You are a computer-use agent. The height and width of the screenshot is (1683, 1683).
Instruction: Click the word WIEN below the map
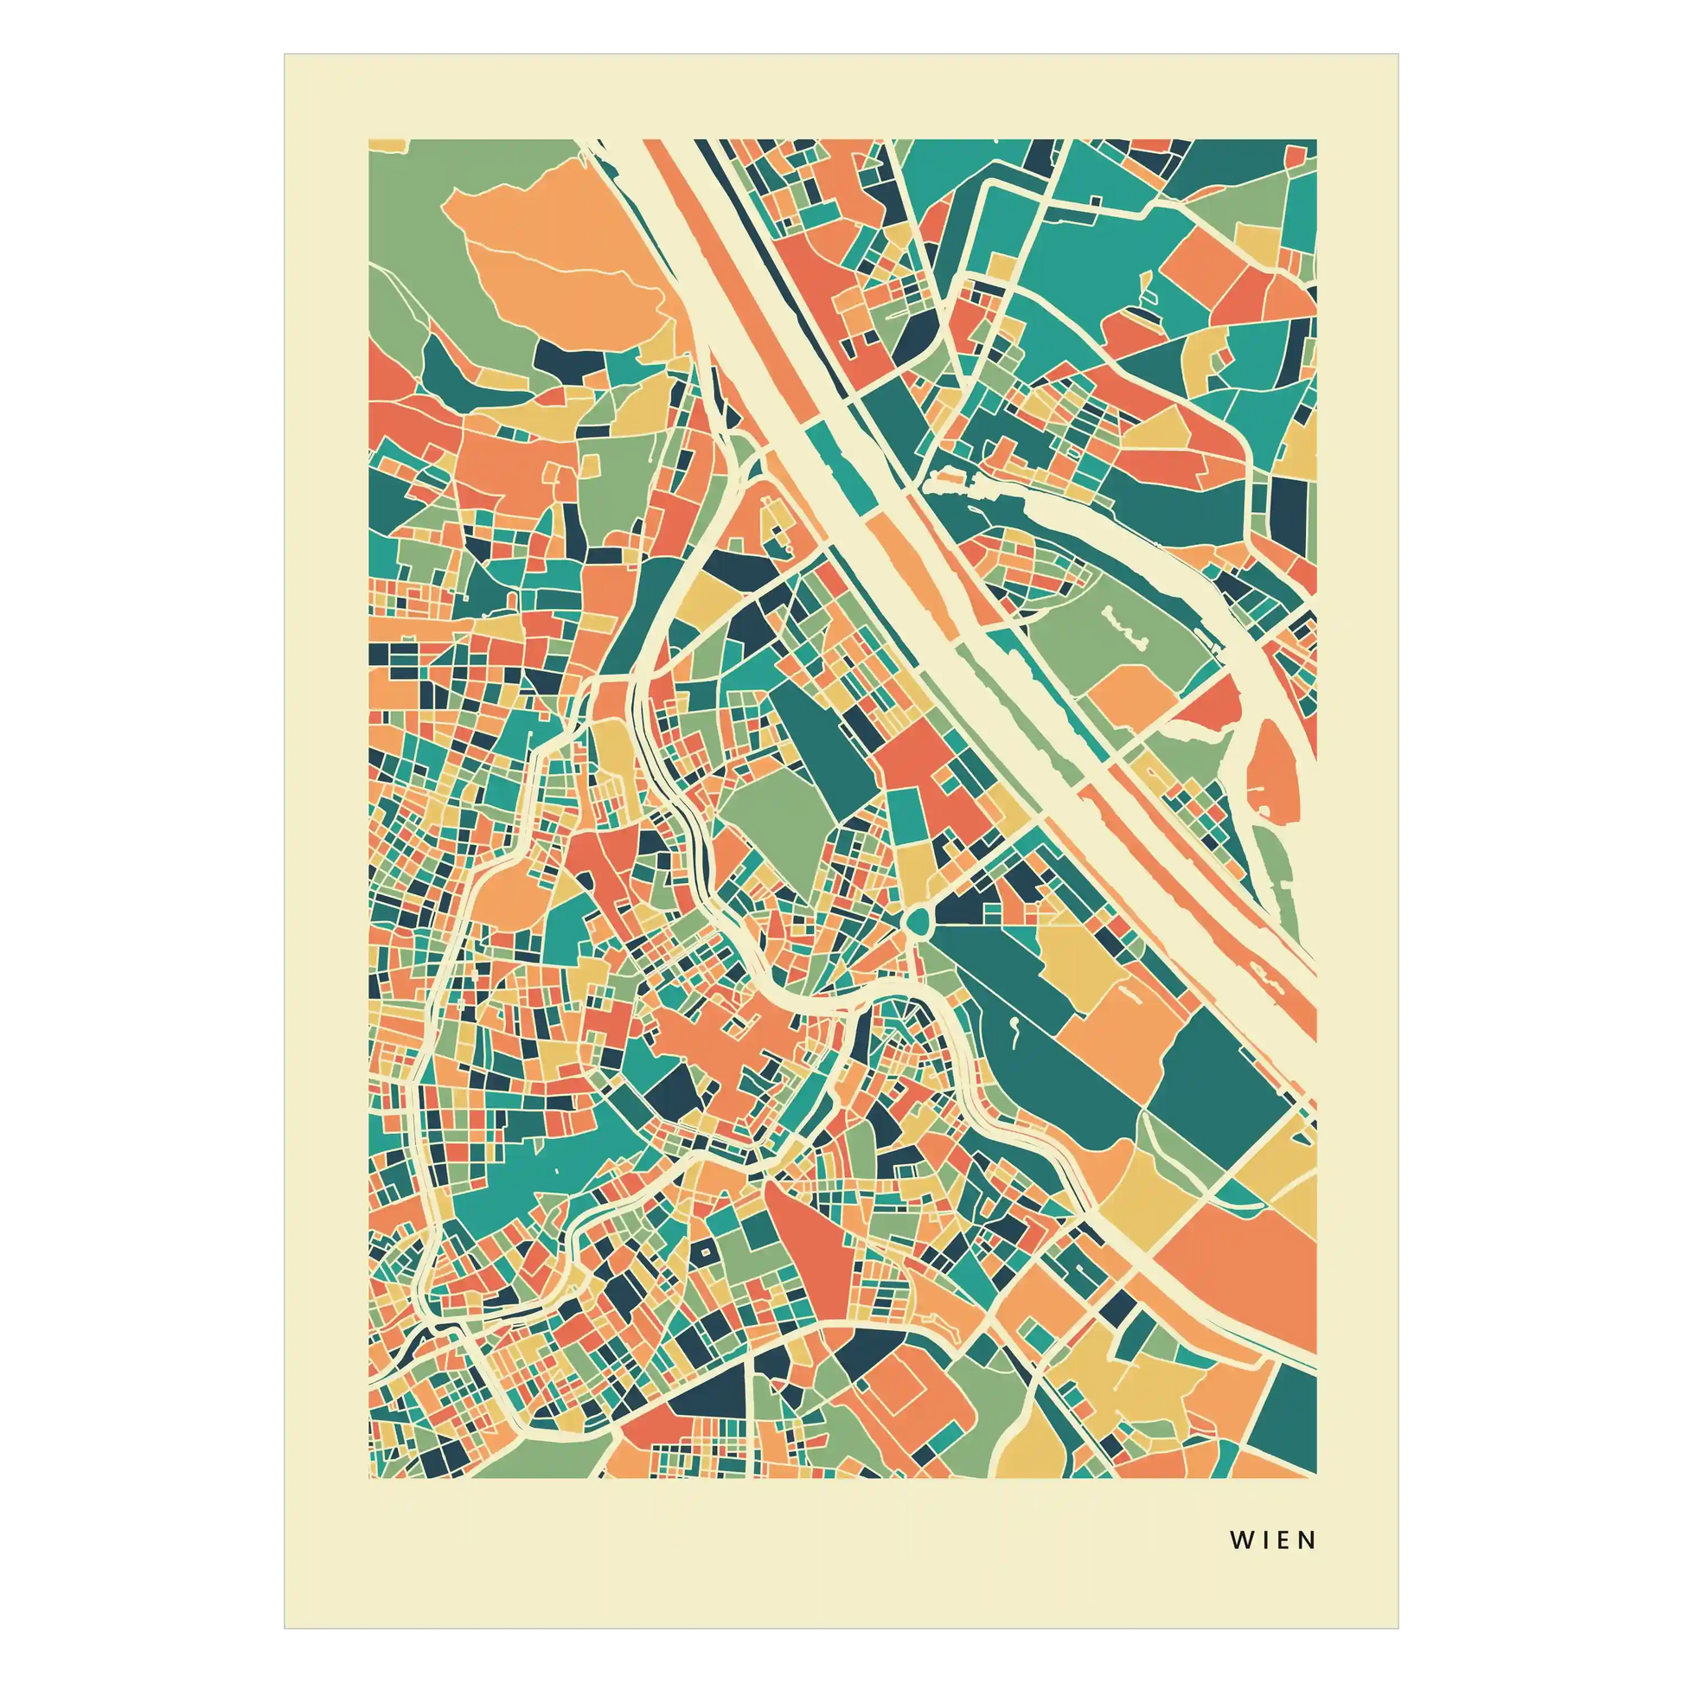point(1273,1539)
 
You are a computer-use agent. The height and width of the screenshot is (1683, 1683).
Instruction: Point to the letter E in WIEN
point(1285,1539)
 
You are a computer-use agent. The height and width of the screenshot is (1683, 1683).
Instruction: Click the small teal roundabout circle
point(918,921)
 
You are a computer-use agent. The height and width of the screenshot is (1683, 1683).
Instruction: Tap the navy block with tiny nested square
point(704,1252)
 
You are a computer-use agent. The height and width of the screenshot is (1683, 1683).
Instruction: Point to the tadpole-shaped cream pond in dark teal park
point(1014,1028)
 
